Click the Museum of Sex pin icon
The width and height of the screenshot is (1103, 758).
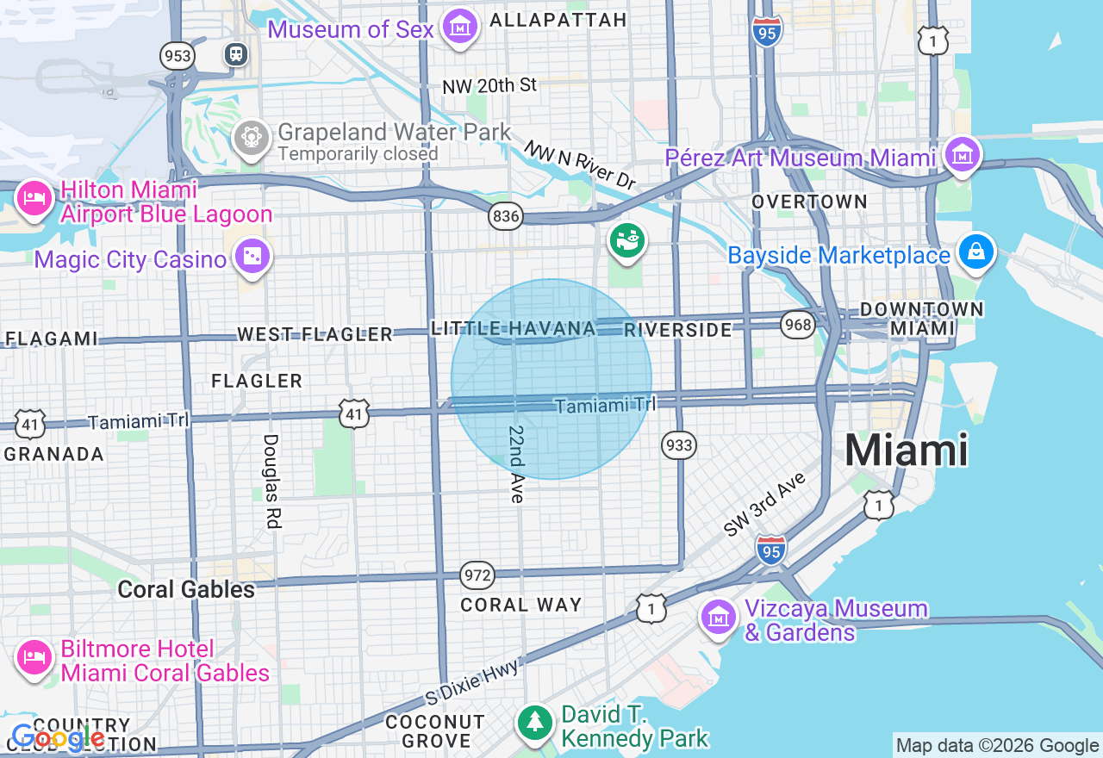click(461, 27)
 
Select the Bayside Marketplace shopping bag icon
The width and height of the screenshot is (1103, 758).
click(976, 252)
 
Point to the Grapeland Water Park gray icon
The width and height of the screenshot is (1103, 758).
click(252, 137)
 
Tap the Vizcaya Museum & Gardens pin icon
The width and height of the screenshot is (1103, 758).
click(717, 617)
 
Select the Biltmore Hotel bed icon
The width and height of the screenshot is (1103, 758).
click(34, 659)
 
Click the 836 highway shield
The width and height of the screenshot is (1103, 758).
click(506, 216)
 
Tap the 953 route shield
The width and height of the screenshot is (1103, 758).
click(177, 57)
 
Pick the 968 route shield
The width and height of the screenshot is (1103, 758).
click(798, 325)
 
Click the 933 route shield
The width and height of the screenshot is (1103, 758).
click(679, 444)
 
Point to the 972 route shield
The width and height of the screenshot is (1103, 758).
click(477, 575)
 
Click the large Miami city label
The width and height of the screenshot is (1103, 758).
click(906, 450)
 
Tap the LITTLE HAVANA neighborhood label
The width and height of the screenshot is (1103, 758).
click(514, 328)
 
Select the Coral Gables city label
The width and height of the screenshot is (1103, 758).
click(186, 589)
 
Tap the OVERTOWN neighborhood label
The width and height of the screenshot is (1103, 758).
click(809, 202)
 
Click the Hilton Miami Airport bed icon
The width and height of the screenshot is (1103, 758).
click(34, 199)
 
